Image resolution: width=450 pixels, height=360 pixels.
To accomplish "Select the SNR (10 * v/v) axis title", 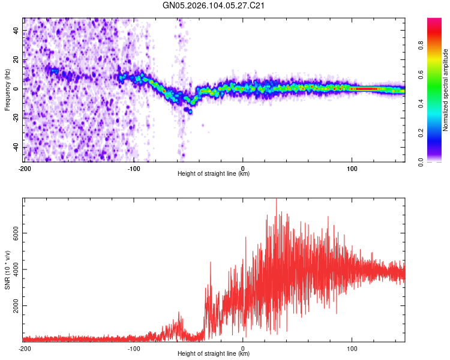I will click(7, 269).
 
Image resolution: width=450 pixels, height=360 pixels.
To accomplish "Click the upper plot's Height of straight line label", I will click(214, 173).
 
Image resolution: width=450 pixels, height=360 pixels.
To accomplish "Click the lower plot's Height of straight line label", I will click(214, 353).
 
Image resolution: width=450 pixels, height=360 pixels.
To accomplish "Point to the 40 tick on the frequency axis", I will click(16, 31).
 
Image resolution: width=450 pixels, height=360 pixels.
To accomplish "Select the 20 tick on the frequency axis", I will click(16, 60).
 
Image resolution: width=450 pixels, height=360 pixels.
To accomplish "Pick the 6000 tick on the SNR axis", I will click(13, 233).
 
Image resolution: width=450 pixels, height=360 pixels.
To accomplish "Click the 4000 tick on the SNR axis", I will click(13, 269).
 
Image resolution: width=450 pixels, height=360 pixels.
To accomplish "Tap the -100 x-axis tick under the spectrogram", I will click(133, 167).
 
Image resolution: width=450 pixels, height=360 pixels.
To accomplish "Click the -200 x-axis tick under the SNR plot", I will click(24, 347).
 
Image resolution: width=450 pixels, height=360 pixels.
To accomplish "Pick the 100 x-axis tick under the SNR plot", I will click(352, 347).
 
